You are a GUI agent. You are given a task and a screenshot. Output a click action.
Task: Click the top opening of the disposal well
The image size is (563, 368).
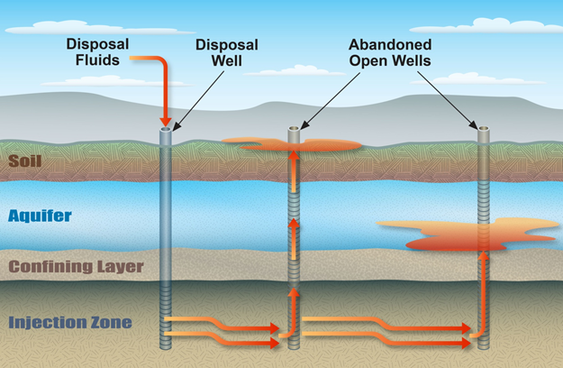[x=166, y=130]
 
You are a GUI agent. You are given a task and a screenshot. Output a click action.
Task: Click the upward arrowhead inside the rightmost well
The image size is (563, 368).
[x=484, y=258]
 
